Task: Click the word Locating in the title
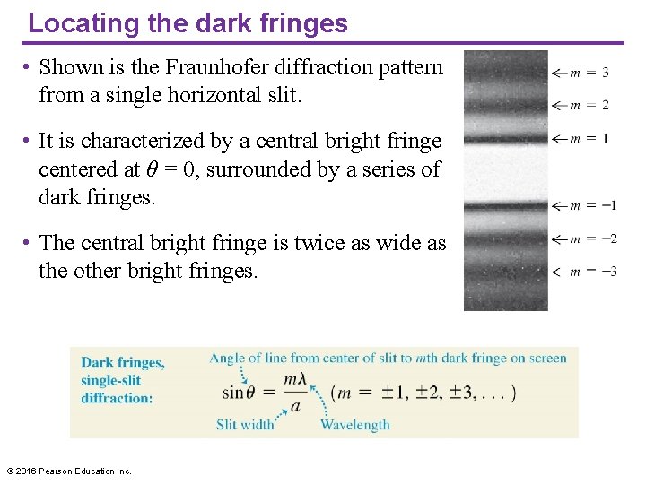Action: coord(74,22)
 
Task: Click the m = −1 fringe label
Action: coord(593,205)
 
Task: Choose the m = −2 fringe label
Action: coord(593,238)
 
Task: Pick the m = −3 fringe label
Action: coord(593,271)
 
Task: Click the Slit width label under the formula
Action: coord(245,424)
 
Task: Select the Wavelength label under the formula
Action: coord(355,424)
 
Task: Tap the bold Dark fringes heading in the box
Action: coord(123,363)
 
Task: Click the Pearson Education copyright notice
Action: coord(68,471)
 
